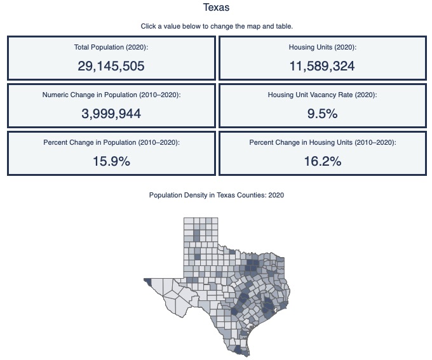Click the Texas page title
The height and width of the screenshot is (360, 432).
[216, 8]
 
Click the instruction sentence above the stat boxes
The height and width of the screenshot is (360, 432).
[216, 27]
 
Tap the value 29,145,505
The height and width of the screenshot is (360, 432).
[111, 65]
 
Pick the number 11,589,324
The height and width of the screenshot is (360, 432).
[322, 65]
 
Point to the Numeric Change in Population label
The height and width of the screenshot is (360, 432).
[111, 95]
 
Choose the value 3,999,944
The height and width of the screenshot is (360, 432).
[111, 114]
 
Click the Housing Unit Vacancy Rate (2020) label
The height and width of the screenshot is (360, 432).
[322, 95]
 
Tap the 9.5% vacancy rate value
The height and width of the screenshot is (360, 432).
[322, 114]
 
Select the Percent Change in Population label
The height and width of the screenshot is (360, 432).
[111, 142]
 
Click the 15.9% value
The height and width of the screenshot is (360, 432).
[111, 161]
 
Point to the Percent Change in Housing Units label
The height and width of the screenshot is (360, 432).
[322, 142]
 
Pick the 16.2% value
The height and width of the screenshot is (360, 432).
[322, 161]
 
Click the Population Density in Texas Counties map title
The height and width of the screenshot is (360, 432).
[216, 195]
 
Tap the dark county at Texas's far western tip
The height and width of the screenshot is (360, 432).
[148, 281]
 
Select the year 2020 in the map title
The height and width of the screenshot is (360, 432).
[276, 195]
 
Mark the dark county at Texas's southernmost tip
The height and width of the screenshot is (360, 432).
[238, 349]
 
